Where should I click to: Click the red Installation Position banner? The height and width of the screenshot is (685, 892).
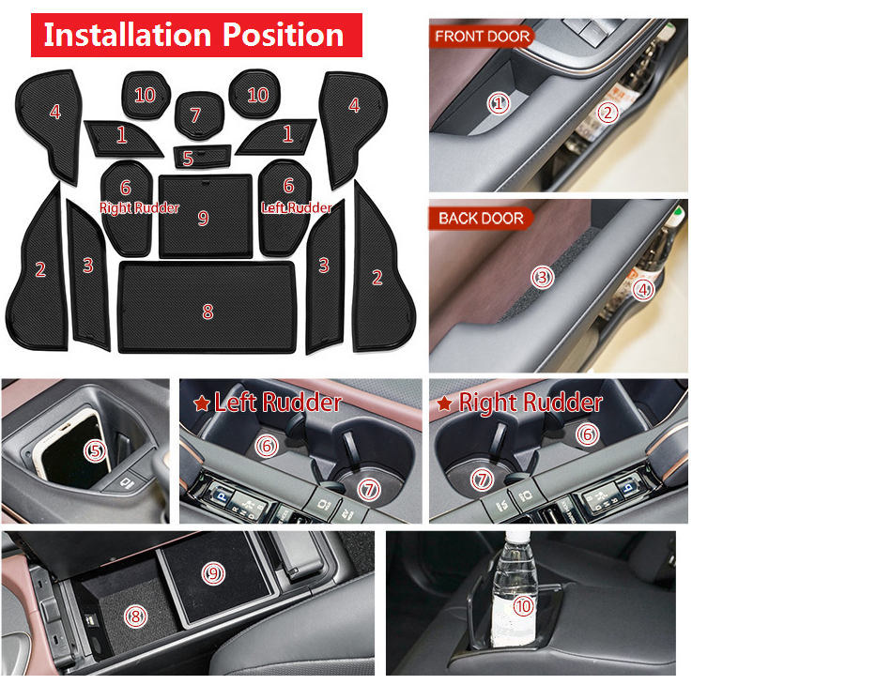(x=196, y=36)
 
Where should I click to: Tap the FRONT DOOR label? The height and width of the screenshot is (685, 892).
(x=482, y=37)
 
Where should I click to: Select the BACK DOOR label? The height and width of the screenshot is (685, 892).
(x=481, y=219)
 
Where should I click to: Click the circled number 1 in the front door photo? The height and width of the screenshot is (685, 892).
(x=499, y=103)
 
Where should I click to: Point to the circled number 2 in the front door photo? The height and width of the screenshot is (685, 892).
(x=607, y=113)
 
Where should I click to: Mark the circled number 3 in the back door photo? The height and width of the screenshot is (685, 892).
(x=542, y=277)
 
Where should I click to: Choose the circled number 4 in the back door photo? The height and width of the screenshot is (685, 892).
(x=643, y=290)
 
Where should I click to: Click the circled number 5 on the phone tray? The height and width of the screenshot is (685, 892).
(x=95, y=450)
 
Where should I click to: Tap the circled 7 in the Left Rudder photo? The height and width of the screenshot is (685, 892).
(x=369, y=489)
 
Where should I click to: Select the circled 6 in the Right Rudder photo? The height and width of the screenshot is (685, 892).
(x=587, y=434)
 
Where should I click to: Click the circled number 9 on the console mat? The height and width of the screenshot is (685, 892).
(x=213, y=573)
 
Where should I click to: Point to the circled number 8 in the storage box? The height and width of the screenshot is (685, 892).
(x=135, y=616)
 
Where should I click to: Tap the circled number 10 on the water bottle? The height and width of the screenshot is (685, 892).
(x=523, y=606)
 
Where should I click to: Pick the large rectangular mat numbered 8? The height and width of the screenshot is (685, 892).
(x=208, y=307)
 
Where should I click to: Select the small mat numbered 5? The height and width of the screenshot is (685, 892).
(x=202, y=157)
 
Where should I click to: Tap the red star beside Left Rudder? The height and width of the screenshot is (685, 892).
(x=201, y=403)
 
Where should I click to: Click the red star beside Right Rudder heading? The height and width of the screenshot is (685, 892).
(x=444, y=403)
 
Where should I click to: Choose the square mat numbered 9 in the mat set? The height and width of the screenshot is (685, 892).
(x=206, y=216)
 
